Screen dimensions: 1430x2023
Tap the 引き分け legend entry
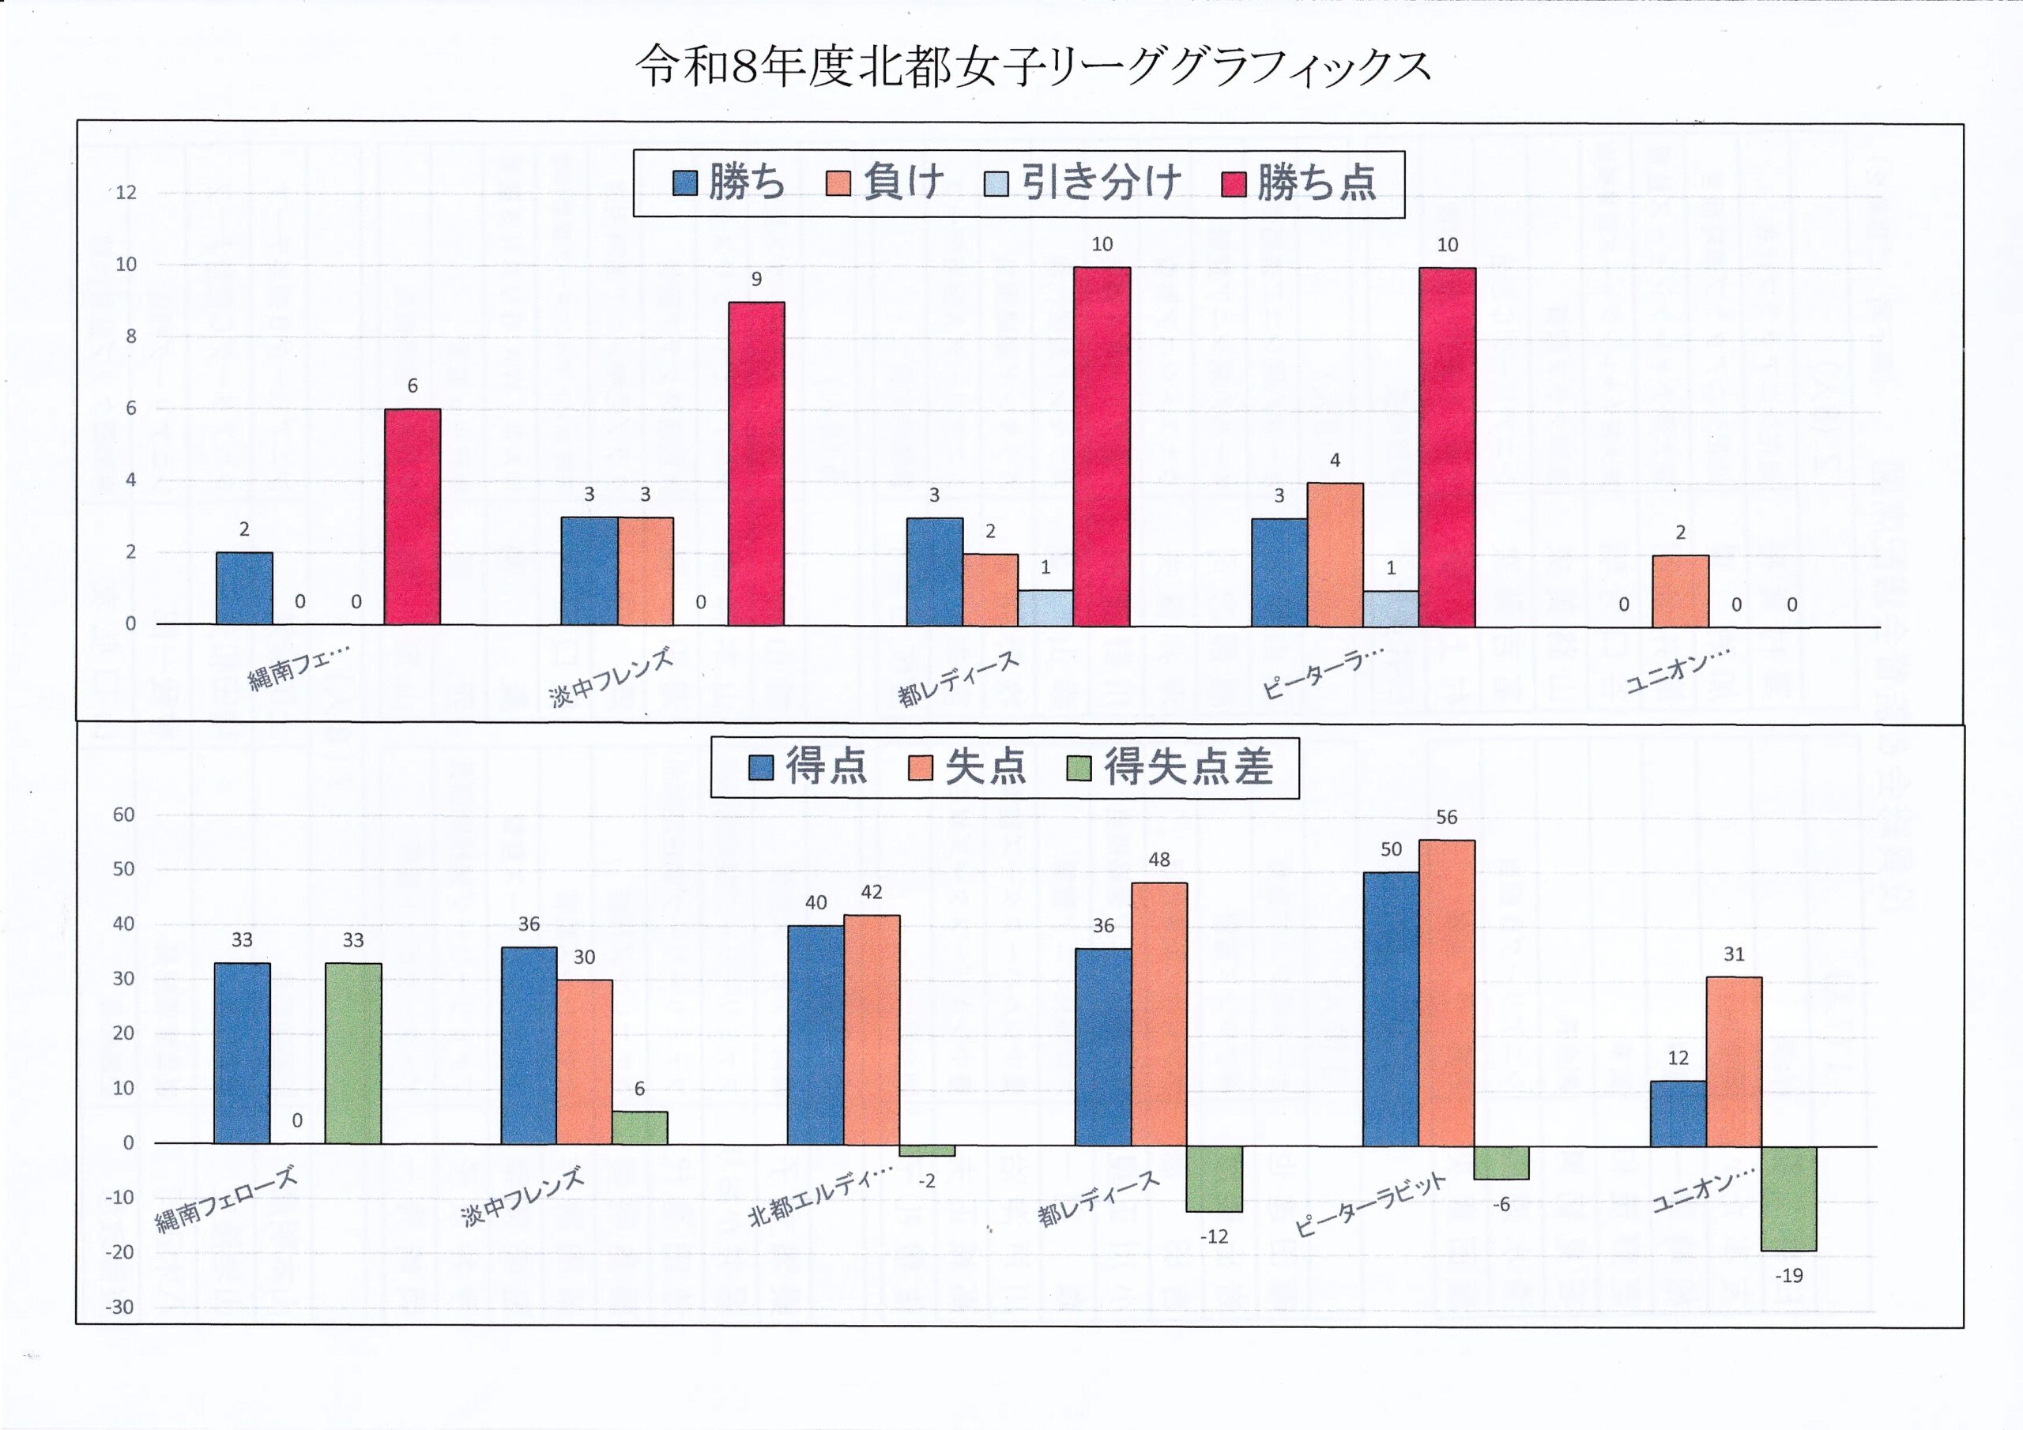coord(1083,183)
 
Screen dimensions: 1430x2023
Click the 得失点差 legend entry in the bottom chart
coord(1172,766)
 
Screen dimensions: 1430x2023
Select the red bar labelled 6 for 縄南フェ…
coord(413,517)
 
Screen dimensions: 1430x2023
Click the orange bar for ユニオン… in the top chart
coord(1680,590)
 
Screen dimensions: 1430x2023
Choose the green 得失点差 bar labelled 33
coord(353,1053)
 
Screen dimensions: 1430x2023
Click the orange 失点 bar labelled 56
coord(1447,992)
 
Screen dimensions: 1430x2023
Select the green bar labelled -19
coord(1788,1198)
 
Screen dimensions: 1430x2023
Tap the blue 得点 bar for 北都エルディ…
coord(816,1034)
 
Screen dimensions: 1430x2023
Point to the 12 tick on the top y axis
coord(126,193)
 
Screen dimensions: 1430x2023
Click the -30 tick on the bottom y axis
coord(120,1307)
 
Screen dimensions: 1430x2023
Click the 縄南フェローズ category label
coord(228,1199)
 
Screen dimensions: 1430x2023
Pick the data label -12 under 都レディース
coord(1213,1237)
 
